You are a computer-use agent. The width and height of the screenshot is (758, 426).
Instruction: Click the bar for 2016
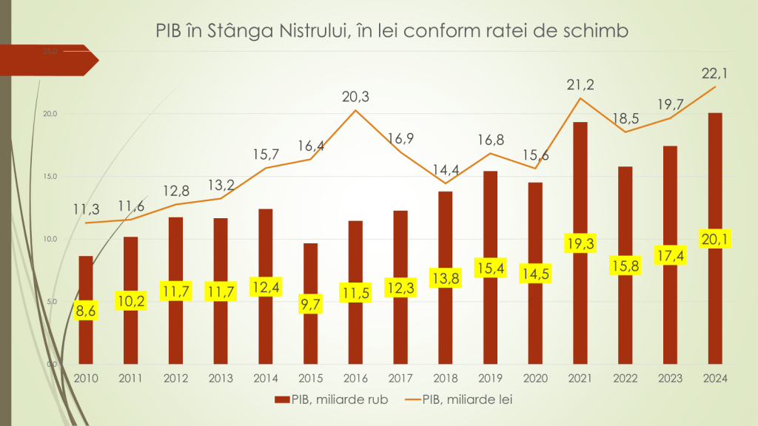coord(355,259)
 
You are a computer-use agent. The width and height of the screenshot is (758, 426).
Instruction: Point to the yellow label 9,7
coord(310,304)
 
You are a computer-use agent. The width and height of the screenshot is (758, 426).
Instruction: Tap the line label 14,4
coord(446,167)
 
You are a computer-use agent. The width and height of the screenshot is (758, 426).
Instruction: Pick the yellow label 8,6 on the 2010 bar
coord(86,311)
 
